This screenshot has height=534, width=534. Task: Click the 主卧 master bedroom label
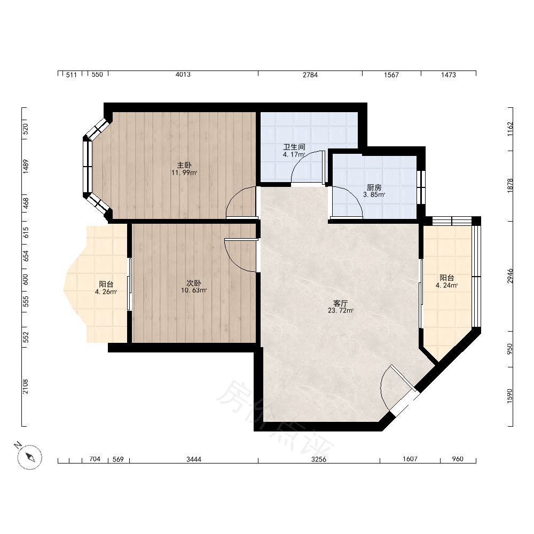point(184,166)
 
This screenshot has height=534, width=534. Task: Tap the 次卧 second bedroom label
point(194,284)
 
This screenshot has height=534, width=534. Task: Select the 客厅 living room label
point(340,303)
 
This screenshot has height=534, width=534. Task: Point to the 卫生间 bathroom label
point(294,147)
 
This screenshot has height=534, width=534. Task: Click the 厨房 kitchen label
point(374,187)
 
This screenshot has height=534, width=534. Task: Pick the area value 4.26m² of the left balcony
point(106,292)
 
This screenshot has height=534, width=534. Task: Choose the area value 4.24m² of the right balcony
point(446,285)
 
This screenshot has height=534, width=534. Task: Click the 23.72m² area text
point(341,311)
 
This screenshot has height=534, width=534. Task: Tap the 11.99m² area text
point(184,172)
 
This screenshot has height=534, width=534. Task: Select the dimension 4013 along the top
point(183,75)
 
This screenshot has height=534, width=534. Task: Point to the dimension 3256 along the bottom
point(319,459)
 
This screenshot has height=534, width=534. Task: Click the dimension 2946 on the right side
point(510,276)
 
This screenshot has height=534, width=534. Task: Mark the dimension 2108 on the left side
point(26,387)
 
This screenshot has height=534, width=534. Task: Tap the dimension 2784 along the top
point(310,75)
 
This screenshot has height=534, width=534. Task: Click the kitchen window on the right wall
point(421,187)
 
